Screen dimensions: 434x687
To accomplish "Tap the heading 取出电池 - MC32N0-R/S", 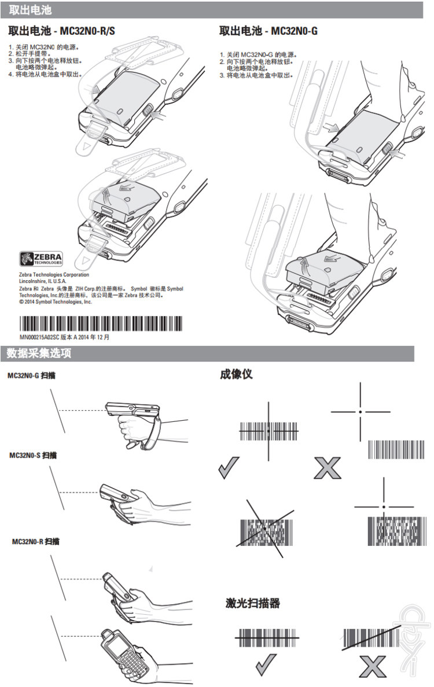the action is point(61,31).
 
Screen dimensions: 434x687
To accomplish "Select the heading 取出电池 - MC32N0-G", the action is point(269,31).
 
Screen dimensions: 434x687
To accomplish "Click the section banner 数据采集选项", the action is point(40,353).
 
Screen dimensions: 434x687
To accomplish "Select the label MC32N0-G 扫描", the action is point(32,376).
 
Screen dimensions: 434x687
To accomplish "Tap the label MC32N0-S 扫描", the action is point(33,455).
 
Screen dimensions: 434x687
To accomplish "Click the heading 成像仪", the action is point(236,374).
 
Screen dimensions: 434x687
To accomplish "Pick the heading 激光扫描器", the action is point(253,604).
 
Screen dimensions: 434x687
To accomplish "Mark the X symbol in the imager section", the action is point(327,468).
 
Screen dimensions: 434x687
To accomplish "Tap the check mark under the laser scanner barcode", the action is point(266,665).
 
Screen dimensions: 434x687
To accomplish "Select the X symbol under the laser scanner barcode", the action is point(372,666).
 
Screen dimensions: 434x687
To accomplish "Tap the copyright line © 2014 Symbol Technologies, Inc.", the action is point(56,302).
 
